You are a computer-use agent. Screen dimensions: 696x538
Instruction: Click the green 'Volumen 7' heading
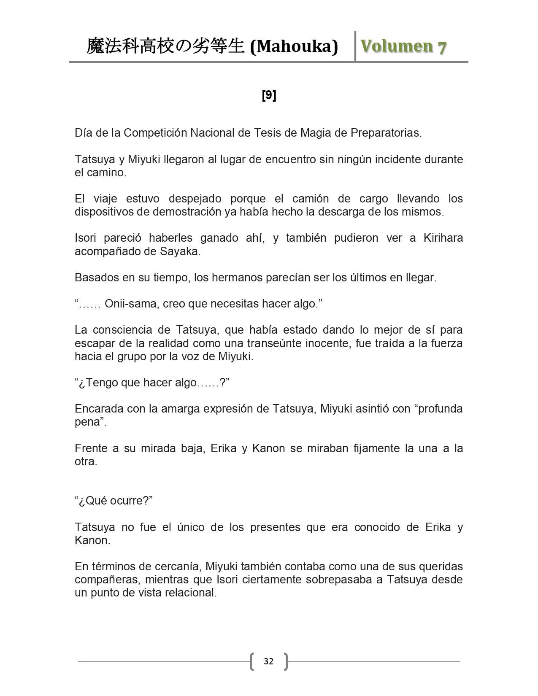pos(403,46)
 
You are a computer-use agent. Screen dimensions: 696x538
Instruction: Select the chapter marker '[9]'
pos(269,96)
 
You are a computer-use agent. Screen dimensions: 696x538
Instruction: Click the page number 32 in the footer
pos(268,661)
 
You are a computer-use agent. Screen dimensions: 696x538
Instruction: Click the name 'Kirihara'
pos(443,238)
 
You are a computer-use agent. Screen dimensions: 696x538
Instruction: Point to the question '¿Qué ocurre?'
pos(114,501)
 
